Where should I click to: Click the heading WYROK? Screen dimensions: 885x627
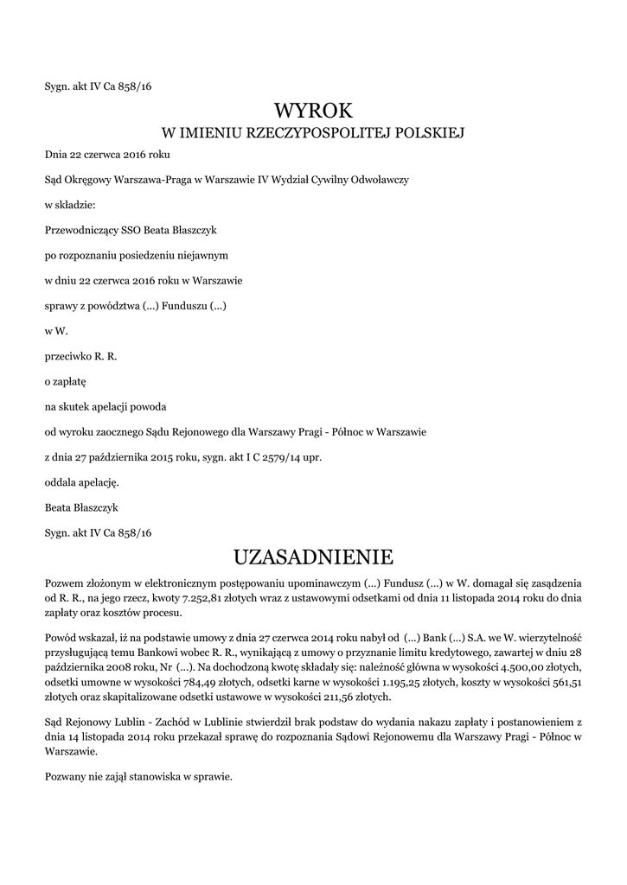click(314, 110)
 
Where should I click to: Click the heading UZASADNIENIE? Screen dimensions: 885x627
click(314, 554)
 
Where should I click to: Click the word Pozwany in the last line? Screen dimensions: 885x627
click(67, 777)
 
